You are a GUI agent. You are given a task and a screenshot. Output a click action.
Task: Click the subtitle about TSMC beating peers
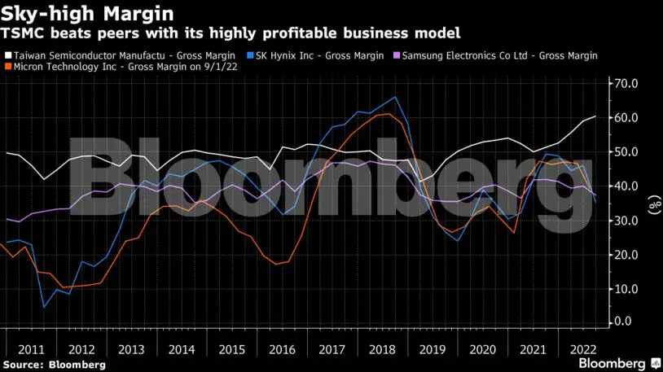click(x=231, y=33)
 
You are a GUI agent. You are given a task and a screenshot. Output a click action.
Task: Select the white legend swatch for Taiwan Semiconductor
click(x=8, y=55)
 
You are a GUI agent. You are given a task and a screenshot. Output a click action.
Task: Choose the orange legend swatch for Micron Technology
click(x=8, y=65)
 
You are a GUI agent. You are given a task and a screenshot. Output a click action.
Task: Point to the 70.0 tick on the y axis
click(x=626, y=84)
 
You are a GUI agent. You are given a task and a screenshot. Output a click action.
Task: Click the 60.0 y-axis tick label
click(x=626, y=118)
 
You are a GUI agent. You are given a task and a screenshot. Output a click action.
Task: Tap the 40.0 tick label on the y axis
click(x=626, y=186)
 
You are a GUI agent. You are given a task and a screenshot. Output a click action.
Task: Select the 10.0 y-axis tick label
click(x=626, y=289)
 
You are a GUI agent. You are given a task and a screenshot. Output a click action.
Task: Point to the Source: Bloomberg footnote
click(x=54, y=365)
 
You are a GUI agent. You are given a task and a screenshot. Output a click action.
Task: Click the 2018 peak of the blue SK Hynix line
click(x=395, y=97)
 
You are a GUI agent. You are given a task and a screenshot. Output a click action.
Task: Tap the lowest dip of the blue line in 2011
click(x=44, y=307)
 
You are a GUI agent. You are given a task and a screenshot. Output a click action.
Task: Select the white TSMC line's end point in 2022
click(x=595, y=116)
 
